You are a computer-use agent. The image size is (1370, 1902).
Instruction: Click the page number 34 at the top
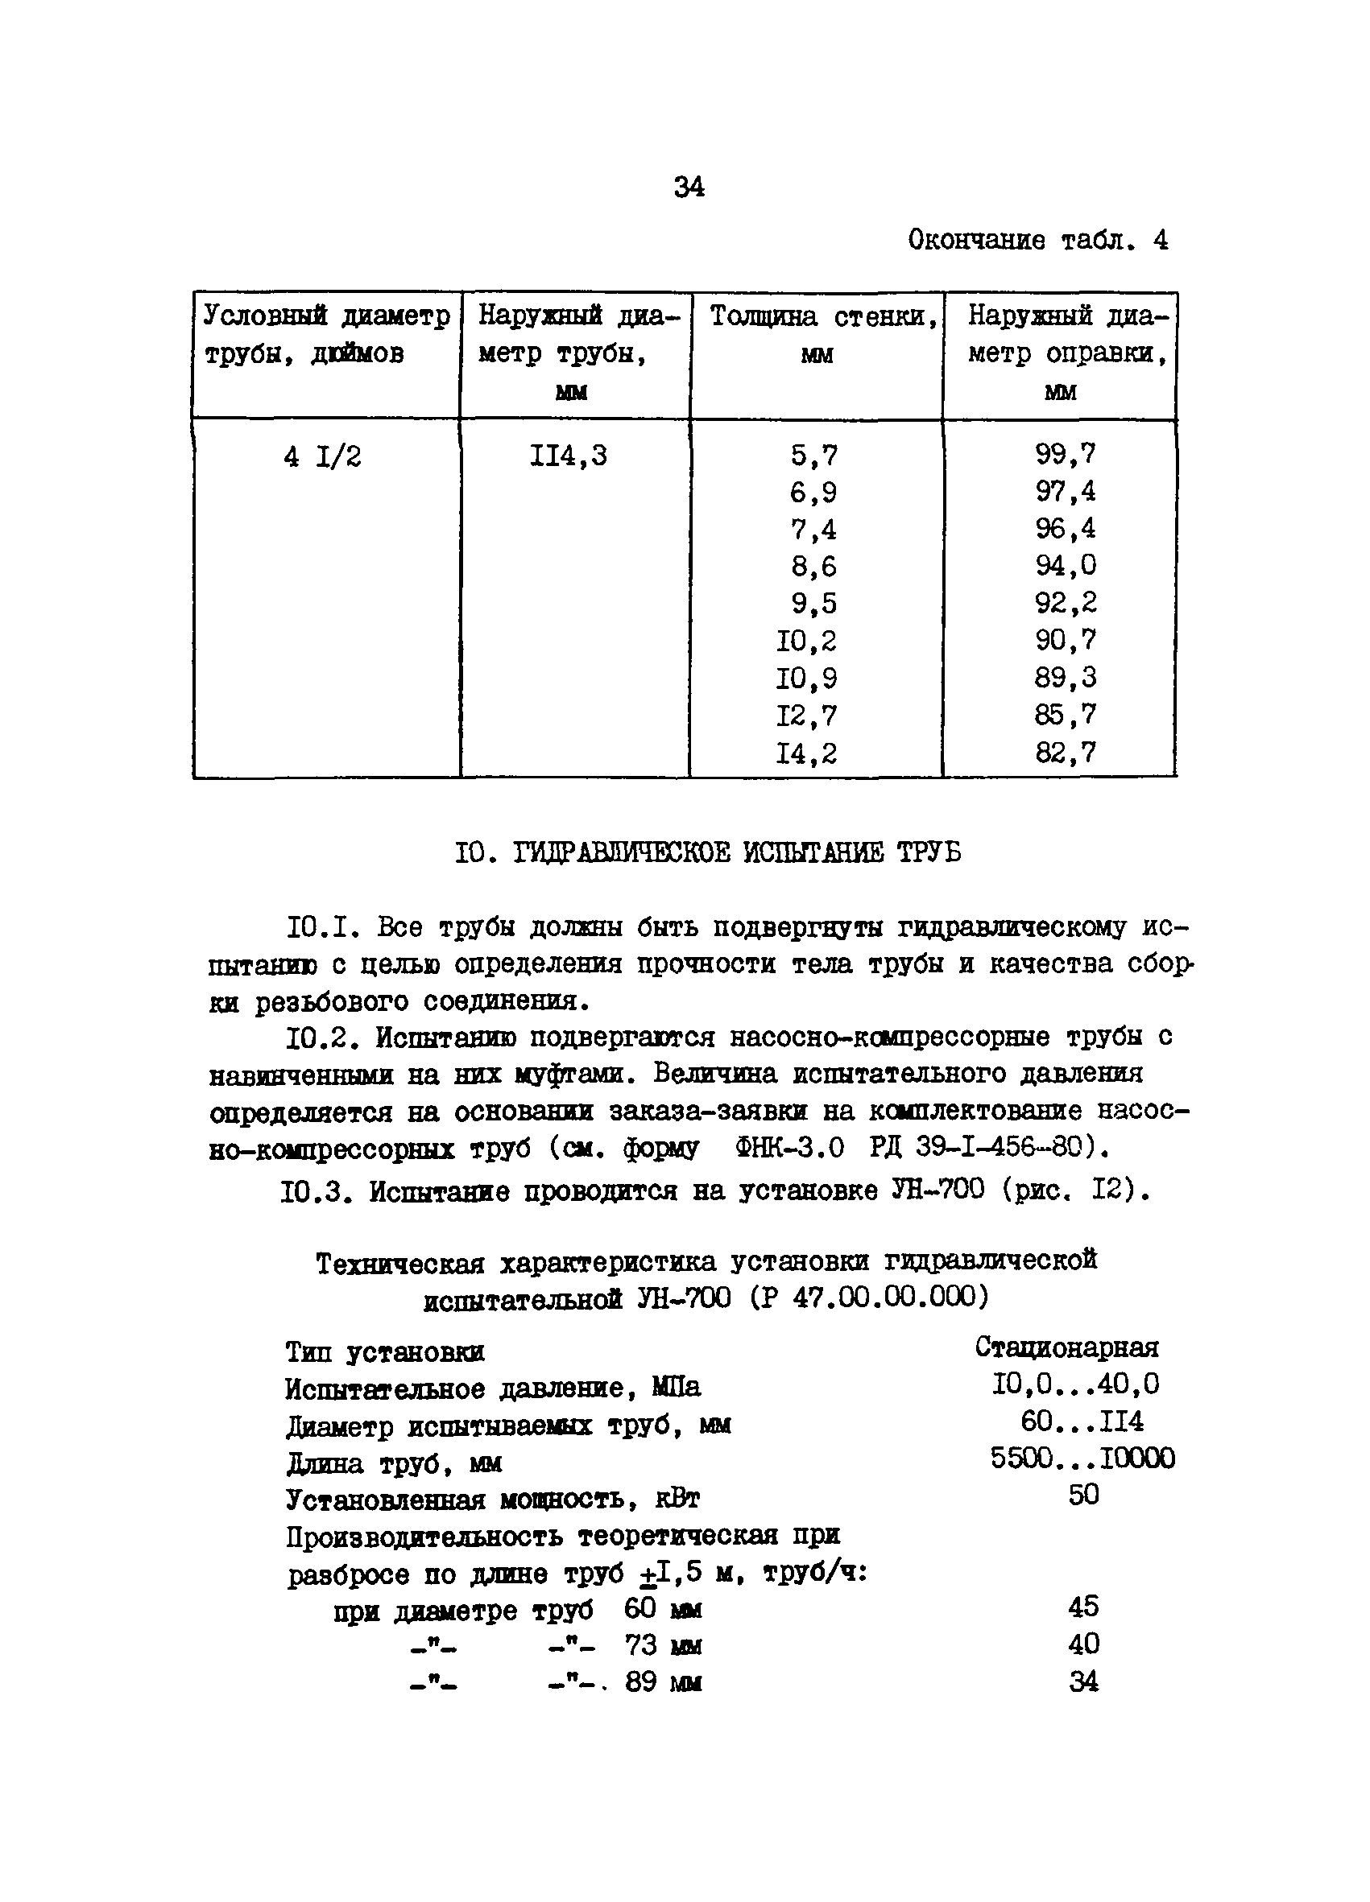(688, 186)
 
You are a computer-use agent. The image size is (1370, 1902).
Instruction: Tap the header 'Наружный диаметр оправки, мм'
(1064, 353)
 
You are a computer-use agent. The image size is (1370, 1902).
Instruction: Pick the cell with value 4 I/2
(322, 457)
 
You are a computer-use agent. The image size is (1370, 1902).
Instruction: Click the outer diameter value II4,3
(568, 456)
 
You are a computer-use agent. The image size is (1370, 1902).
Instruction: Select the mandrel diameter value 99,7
(1065, 455)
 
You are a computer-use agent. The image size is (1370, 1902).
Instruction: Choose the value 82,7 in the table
(1065, 753)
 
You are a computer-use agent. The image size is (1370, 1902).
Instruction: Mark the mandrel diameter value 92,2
(1065, 603)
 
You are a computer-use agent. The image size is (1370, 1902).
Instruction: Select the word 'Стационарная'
(1066, 1347)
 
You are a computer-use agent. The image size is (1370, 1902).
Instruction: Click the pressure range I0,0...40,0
(1074, 1384)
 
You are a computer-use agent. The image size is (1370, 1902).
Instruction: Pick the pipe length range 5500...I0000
(1082, 1458)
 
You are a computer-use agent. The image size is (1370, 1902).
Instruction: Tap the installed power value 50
(1082, 1495)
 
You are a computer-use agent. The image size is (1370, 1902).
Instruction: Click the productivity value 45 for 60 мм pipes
(1082, 1607)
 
